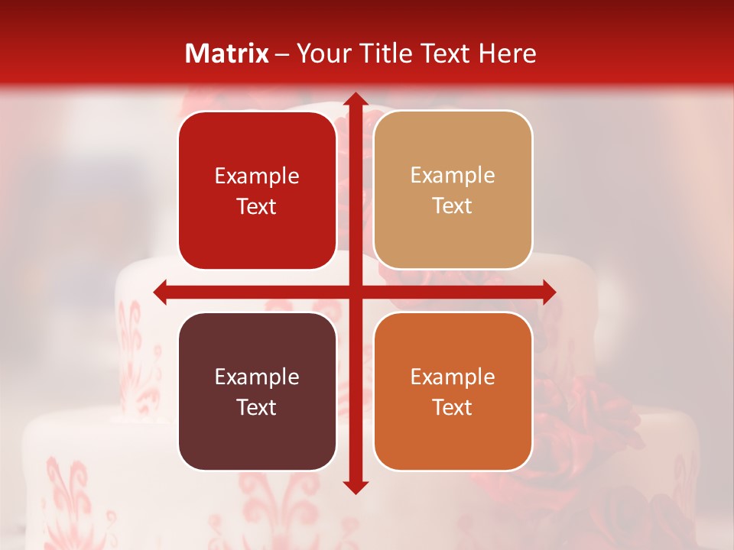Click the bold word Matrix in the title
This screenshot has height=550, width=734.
tap(227, 53)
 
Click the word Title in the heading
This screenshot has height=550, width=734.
tap(379, 53)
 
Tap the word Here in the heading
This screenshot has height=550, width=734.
tap(508, 53)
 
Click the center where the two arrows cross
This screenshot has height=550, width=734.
tap(355, 292)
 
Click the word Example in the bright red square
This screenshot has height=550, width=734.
tap(257, 176)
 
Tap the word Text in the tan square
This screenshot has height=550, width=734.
tap(453, 206)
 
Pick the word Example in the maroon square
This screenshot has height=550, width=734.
tap(257, 377)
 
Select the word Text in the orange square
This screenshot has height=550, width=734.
tap(453, 407)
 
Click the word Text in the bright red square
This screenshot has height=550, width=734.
tap(257, 206)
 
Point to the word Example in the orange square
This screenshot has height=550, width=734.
tap(453, 377)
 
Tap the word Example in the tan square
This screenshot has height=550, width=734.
tap(453, 176)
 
